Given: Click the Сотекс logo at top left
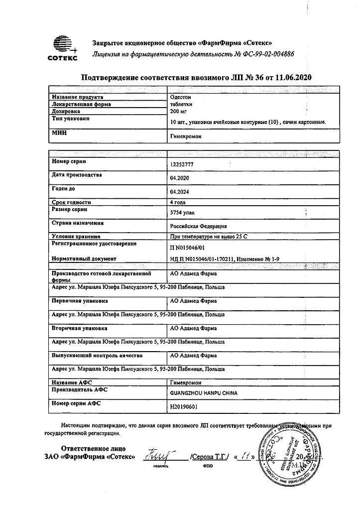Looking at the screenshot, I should click(x=63, y=48).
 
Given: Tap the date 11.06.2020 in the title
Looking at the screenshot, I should click(x=293, y=77).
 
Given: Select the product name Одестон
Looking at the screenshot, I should click(x=180, y=98).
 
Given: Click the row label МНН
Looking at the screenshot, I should click(x=59, y=133).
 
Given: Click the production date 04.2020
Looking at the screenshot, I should click(x=180, y=177).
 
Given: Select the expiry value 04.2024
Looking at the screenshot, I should click(x=180, y=191).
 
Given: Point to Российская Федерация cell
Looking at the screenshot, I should click(x=198, y=226).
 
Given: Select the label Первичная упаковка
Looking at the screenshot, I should click(x=79, y=301).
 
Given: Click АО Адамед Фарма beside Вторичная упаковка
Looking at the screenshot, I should click(x=193, y=329).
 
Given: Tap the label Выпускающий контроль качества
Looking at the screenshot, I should click(x=97, y=356).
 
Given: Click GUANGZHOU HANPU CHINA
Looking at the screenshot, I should click(x=204, y=393).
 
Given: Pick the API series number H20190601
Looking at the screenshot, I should click(x=184, y=406).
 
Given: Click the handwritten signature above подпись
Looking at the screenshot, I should click(x=156, y=454).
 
